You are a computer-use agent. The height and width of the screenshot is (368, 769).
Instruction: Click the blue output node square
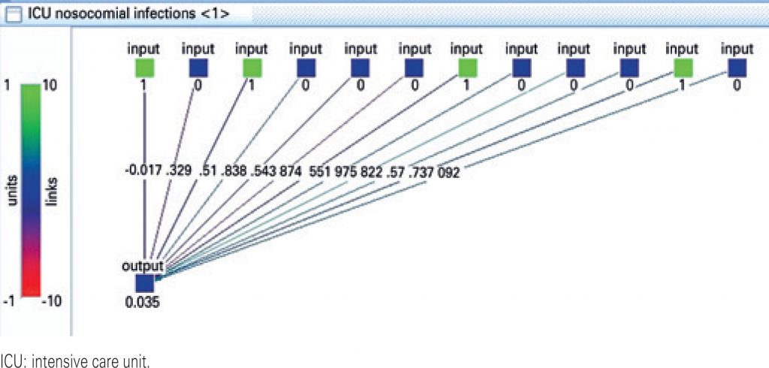pyautogui.click(x=145, y=284)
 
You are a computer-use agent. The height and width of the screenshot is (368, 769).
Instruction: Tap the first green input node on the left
pyautogui.click(x=144, y=69)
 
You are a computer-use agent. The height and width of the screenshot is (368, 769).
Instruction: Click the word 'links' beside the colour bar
pyautogui.click(x=53, y=192)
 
